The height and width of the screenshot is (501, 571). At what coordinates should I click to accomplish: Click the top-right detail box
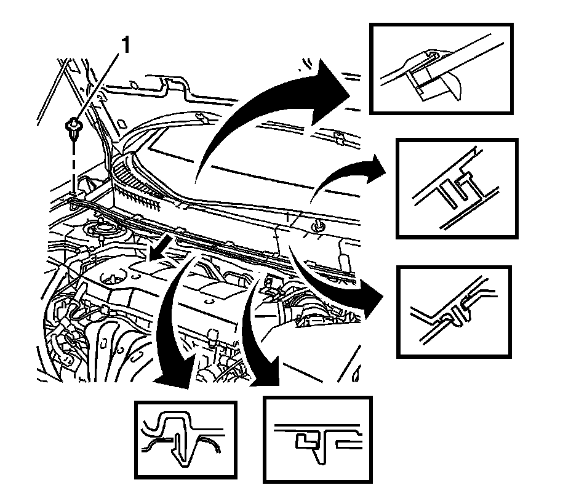pyautogui.click(x=441, y=68)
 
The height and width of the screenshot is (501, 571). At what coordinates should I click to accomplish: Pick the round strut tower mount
pyautogui.click(x=104, y=233)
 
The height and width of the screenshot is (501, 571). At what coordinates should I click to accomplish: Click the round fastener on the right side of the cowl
pyautogui.click(x=319, y=226)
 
